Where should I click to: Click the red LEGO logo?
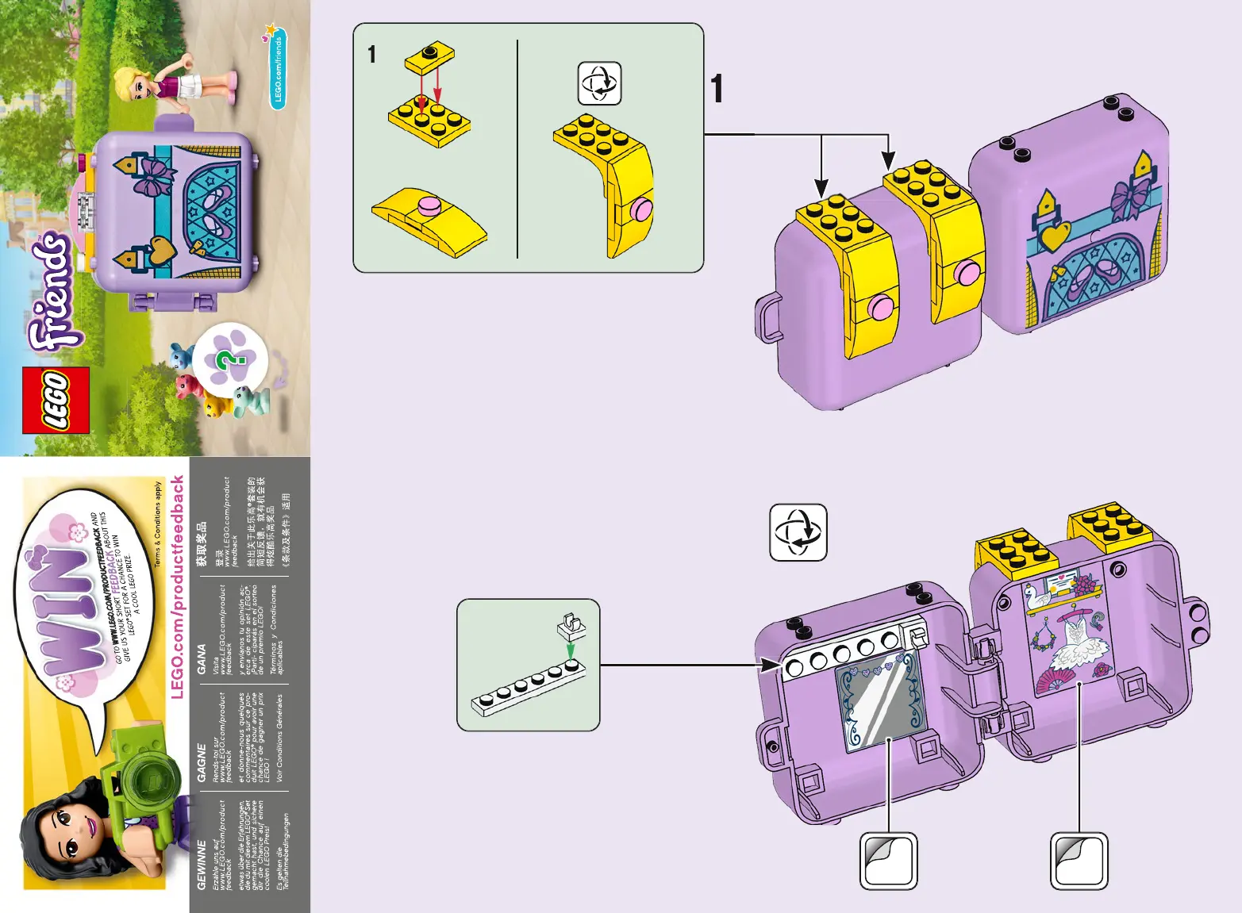(x=56, y=401)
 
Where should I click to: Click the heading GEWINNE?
(x=202, y=865)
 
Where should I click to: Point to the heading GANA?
(x=202, y=659)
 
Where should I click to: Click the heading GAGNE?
(x=202, y=762)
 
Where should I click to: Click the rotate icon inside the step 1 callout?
(x=599, y=83)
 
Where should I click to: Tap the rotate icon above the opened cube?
(x=798, y=532)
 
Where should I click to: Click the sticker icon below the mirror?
(x=889, y=861)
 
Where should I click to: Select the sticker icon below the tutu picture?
(x=1079, y=861)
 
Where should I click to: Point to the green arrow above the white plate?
(x=570, y=650)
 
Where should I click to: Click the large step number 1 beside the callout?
(x=717, y=89)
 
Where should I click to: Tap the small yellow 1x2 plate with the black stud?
(x=429, y=56)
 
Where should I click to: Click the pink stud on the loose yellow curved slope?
(x=429, y=206)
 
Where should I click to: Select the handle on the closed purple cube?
(x=767, y=317)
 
